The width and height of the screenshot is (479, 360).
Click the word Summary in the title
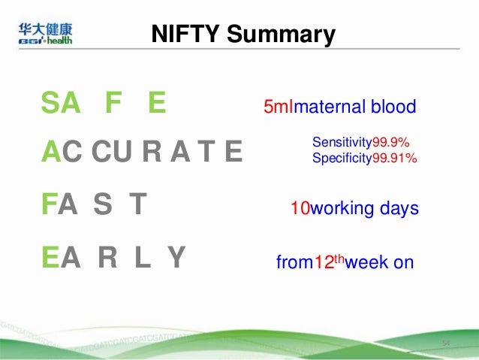pos(281,34)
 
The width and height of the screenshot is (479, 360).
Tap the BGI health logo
pos(46,34)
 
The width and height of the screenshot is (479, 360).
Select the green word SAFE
pos(103,104)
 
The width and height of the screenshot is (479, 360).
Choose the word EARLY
pos(113,258)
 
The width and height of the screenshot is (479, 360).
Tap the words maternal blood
pos(354,107)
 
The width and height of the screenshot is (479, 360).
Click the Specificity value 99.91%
pos(395,158)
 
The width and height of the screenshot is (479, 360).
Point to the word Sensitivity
pos(342,142)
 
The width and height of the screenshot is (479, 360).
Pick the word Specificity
pos(342,158)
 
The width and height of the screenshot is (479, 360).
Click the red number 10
pos(300,208)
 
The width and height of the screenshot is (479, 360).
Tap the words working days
pos(364,208)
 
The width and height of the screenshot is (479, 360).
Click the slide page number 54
pos(445,343)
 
